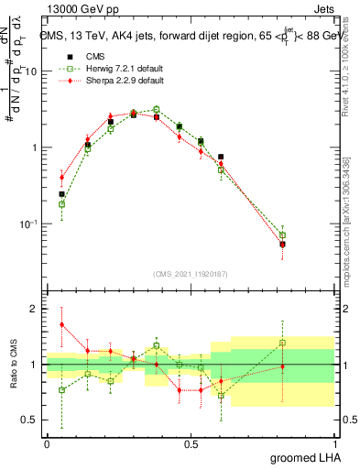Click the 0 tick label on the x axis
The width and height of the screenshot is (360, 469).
[x=47, y=442]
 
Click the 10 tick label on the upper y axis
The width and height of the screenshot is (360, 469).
[x=29, y=71]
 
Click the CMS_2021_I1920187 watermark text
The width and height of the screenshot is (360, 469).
[x=191, y=274]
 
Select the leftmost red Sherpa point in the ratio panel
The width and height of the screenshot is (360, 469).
[x=61, y=324]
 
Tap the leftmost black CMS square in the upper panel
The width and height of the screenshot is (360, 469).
[x=61, y=194]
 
